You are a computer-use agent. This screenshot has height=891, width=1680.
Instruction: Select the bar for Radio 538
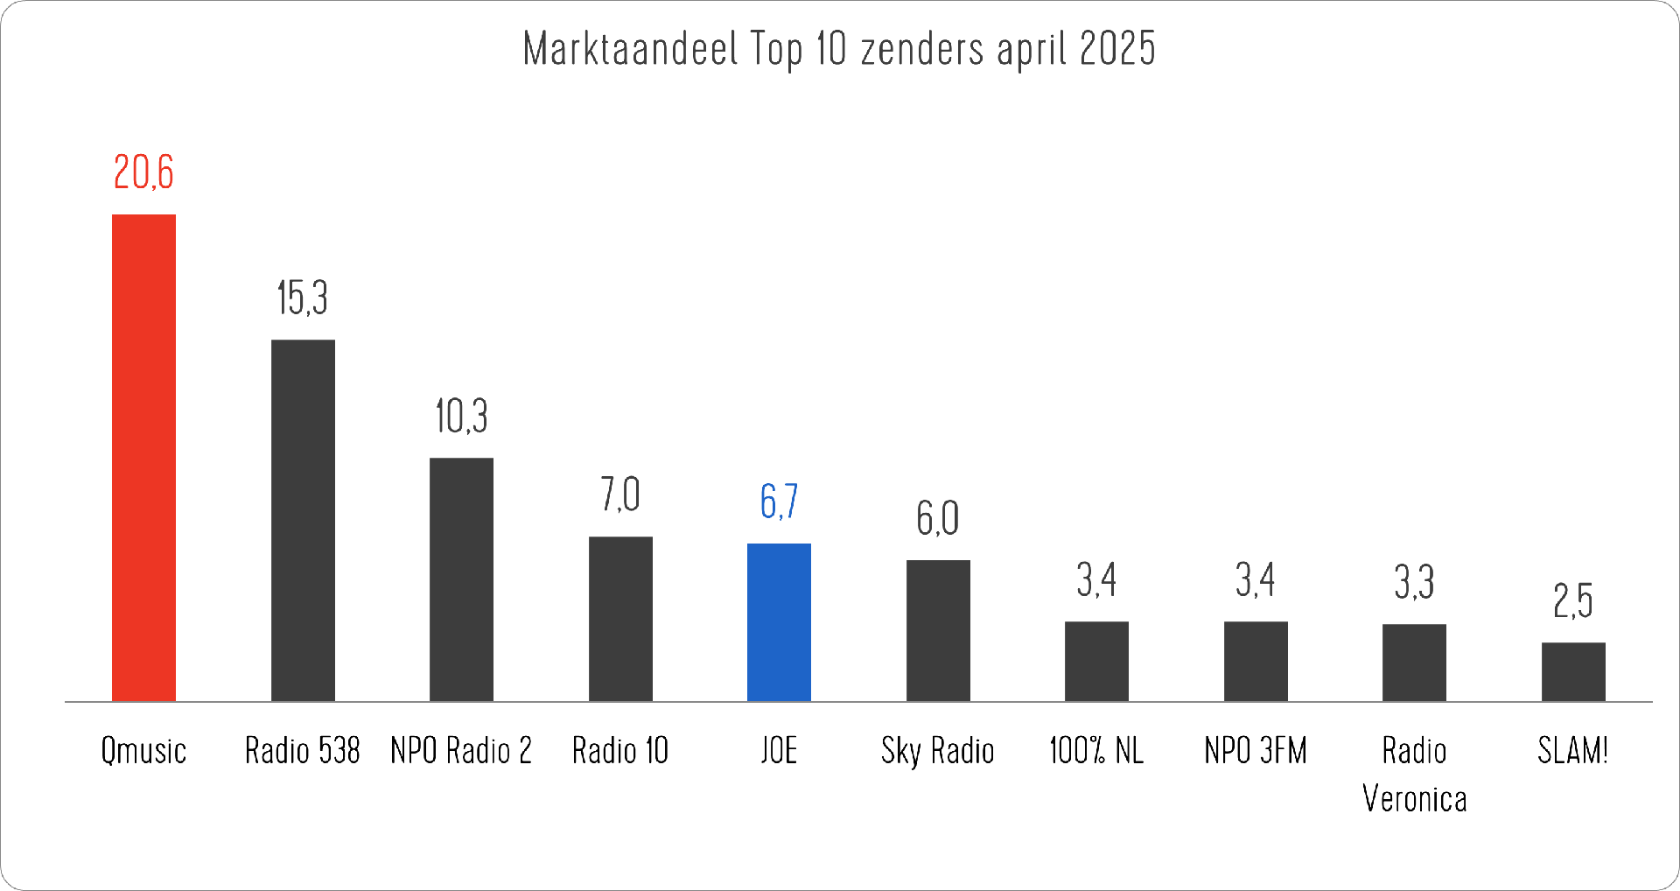(x=303, y=521)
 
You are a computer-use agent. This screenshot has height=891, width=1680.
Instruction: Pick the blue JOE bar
(x=779, y=622)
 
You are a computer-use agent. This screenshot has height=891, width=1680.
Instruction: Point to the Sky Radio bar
(x=938, y=630)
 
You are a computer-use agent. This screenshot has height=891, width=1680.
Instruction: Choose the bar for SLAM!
(x=1573, y=672)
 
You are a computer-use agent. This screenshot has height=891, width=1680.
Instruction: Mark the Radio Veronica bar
(x=1414, y=663)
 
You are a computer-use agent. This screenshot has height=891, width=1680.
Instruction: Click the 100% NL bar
(x=1096, y=662)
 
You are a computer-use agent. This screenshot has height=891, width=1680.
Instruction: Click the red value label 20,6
(x=143, y=172)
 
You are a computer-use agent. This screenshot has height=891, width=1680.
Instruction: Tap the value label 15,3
(x=303, y=298)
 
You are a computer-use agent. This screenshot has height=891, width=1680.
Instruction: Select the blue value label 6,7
(x=779, y=502)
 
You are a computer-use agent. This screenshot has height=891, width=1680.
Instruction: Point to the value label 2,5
(x=1573, y=601)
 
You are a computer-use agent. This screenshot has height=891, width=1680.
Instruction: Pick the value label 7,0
(x=620, y=495)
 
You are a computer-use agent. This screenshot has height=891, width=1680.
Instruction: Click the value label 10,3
(x=461, y=416)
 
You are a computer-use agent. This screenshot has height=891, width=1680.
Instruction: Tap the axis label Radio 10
(x=620, y=751)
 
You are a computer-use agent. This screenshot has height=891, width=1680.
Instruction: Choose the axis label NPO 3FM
(x=1256, y=751)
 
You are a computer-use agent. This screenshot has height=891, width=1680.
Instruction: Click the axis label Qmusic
(x=143, y=751)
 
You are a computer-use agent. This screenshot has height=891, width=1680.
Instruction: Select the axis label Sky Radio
(x=938, y=751)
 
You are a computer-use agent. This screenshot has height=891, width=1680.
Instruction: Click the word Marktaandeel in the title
(x=631, y=49)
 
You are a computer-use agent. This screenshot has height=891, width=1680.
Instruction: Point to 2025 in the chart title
(x=1117, y=49)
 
